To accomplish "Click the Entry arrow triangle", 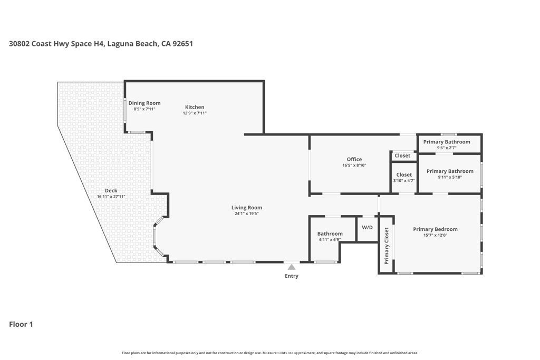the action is pos(291,267).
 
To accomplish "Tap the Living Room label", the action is pos(247,208).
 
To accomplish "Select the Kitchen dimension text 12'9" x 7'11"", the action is pos(195,113).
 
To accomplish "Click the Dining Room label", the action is pos(144,103).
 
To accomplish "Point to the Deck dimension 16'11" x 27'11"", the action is pos(111,197).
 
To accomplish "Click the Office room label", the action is pos(354,159).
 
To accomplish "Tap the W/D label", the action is pos(367,228).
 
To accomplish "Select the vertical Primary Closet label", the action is pos(387,246).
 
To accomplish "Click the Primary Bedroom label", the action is pos(435,229).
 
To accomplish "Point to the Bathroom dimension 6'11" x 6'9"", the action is pos(330,239).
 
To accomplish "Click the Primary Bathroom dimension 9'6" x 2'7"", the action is pos(447,148).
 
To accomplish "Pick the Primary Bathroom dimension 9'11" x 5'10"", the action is pos(450,177).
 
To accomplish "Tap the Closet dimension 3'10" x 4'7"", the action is pos(404,180).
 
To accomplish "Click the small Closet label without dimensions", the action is pos(402,155).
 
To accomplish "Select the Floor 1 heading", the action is pos(21,324).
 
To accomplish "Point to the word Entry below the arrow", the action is pos(291,276).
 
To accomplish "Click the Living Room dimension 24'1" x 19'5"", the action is pos(247,213).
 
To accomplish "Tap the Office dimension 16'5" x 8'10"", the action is pos(354,165).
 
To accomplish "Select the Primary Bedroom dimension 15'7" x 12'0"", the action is pos(435,236).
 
